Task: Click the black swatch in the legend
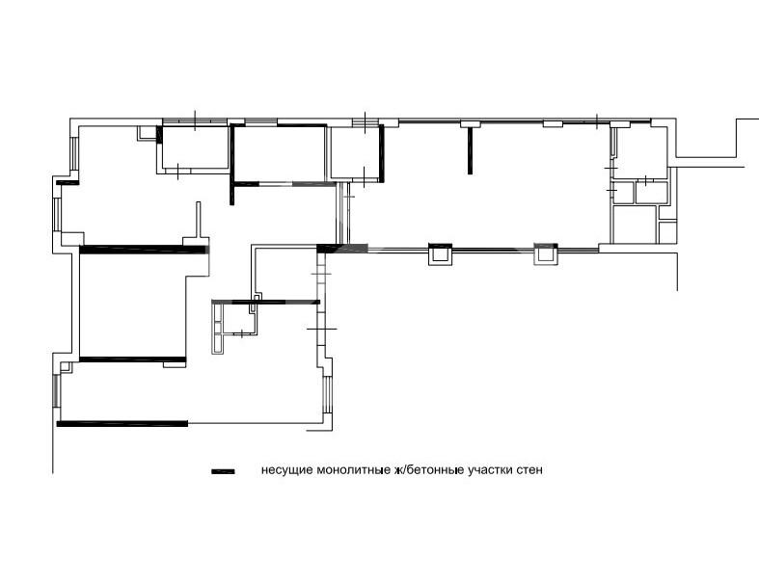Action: [223, 471]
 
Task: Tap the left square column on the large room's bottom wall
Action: [440, 254]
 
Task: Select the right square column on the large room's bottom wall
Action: [546, 254]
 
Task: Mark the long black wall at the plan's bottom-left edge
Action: [122, 424]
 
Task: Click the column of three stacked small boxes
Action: [218, 329]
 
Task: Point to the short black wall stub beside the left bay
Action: [68, 182]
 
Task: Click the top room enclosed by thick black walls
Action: [280, 153]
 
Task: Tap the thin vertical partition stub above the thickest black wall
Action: [199, 220]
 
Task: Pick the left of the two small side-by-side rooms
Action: [623, 193]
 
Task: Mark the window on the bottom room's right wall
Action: [328, 394]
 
